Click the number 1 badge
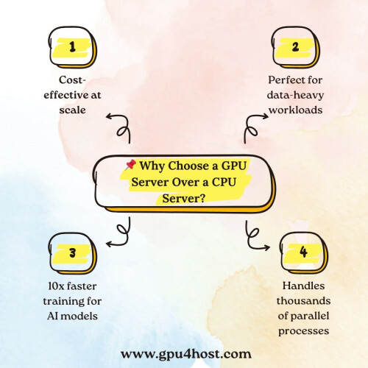coord(73,47)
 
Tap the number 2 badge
coord(296,47)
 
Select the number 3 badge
coord(73,253)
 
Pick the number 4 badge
coord(304,252)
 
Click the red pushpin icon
coord(130,165)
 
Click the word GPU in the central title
coord(234,166)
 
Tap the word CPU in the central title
coord(224,183)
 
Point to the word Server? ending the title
coord(183,198)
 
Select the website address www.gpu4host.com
coord(186,355)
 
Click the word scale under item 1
coord(73,110)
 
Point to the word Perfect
coord(282,80)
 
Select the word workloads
coord(296,110)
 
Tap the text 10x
coord(56,286)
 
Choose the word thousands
coord(303,301)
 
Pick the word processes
coord(304,331)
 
